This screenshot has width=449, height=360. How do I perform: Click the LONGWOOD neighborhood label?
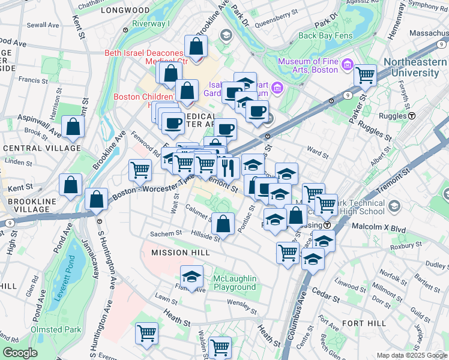point(125,10)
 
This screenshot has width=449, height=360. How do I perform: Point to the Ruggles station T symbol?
point(412,115)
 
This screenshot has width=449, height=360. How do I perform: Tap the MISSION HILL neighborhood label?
point(181,253)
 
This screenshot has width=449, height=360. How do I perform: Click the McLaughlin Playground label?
point(235,283)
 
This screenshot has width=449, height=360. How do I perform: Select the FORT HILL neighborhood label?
point(364,323)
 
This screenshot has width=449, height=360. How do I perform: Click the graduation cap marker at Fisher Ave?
point(191,277)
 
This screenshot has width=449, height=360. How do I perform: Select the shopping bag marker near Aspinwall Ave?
point(73,127)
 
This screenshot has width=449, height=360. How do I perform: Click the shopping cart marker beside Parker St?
point(365,76)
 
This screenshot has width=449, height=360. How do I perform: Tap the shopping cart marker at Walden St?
point(220,346)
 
